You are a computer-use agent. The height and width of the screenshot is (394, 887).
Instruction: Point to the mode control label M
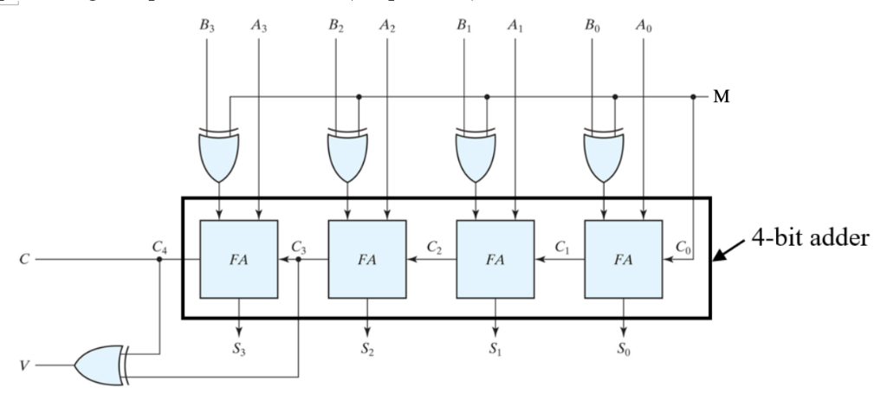click(720, 97)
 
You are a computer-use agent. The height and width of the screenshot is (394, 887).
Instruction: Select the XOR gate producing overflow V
click(102, 365)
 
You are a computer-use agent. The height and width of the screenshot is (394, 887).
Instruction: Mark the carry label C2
click(434, 247)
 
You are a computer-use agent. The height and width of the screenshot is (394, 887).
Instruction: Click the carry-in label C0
click(684, 247)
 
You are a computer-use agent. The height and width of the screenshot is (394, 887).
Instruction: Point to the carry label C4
click(160, 247)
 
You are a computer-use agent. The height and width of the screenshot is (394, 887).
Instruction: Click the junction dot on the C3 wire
click(299, 258)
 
